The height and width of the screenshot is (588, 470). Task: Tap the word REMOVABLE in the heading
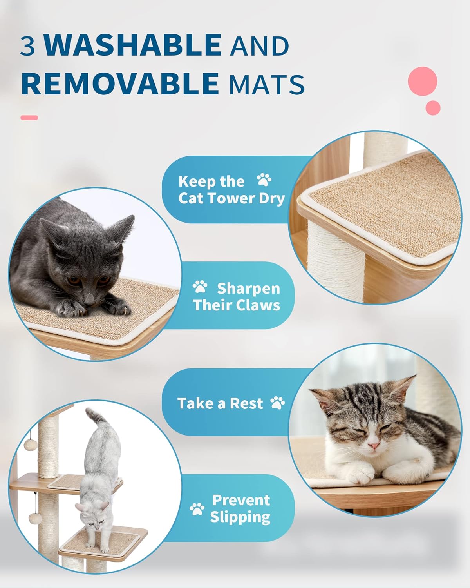coord(120,83)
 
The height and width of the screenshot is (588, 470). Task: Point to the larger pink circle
coord(422,81)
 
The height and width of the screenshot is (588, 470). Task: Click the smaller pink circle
coord(433,107)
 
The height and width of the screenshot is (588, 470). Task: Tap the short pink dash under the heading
coord(29,118)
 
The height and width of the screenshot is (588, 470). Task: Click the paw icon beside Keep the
coord(264,180)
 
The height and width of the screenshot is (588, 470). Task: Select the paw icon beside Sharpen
coord(200,287)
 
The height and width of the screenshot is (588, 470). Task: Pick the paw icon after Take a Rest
coord(278,403)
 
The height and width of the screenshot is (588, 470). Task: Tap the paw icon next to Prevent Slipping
coord(197,509)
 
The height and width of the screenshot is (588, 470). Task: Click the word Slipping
coord(240,517)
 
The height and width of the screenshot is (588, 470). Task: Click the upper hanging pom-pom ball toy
coord(30,445)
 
